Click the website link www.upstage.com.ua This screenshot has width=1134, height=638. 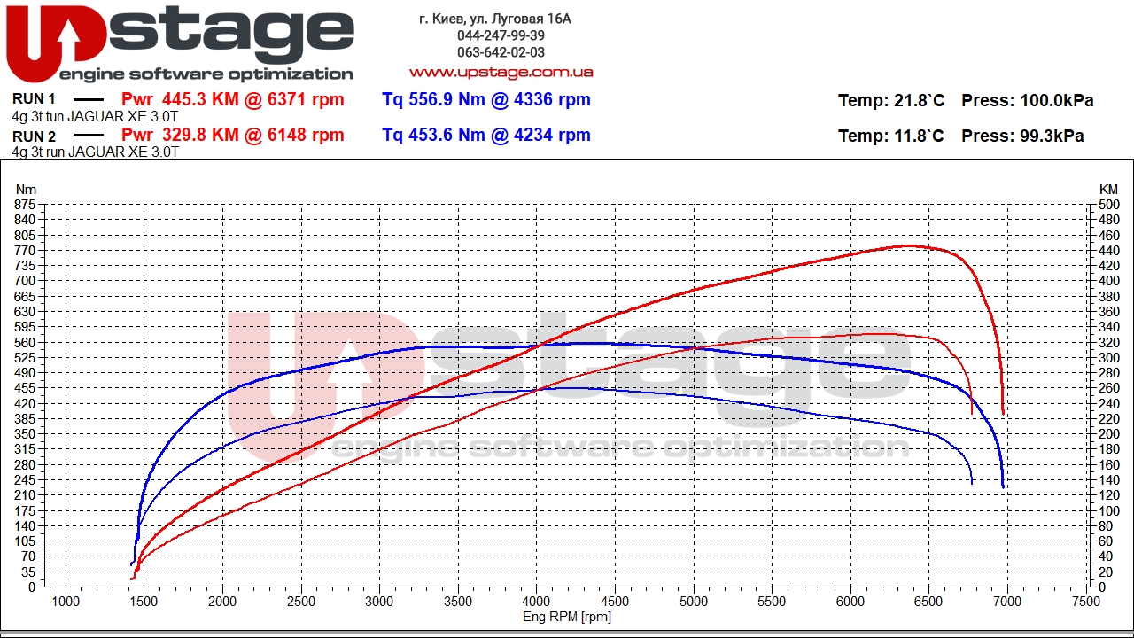click(501, 72)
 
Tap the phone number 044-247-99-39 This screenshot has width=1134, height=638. click(501, 35)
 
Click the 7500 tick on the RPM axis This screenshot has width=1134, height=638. click(1086, 601)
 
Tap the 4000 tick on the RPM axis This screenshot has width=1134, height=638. click(536, 601)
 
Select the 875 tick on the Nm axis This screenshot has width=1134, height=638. click(25, 205)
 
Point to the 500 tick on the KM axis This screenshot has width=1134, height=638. click(1108, 205)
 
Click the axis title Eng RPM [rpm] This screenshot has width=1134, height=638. click(567, 617)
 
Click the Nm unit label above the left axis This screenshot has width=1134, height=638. click(27, 189)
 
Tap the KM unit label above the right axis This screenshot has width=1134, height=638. click(1108, 189)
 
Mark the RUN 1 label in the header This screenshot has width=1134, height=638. click(35, 99)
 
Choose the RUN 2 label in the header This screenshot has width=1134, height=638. click(35, 136)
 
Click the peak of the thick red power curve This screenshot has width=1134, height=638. click(908, 245)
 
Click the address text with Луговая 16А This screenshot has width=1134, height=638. click(495, 19)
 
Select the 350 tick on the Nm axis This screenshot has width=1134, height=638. click(25, 434)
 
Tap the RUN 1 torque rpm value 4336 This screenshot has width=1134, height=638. click(532, 99)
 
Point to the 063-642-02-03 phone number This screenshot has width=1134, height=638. click(501, 52)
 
